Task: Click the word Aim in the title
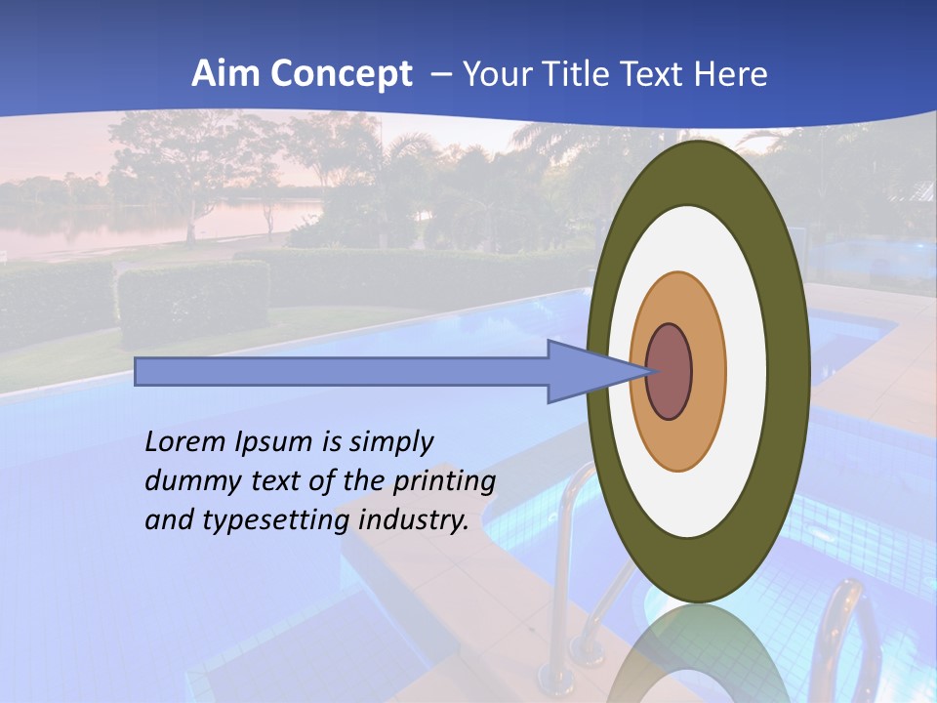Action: [x=224, y=74]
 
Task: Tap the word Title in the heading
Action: [x=585, y=74]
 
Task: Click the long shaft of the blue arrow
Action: [x=342, y=372]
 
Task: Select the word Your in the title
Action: [x=498, y=74]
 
